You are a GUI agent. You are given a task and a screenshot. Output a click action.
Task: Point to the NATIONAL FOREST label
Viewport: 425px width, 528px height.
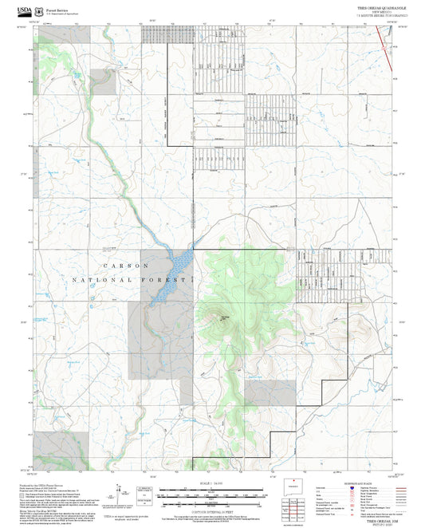point(132,281)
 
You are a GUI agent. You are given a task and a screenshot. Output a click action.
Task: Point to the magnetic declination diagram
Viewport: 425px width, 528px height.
point(120,491)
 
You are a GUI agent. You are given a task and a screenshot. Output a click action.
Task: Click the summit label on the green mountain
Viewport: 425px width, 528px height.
point(225,317)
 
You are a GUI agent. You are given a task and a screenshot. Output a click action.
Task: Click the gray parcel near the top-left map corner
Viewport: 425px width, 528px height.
point(102,81)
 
